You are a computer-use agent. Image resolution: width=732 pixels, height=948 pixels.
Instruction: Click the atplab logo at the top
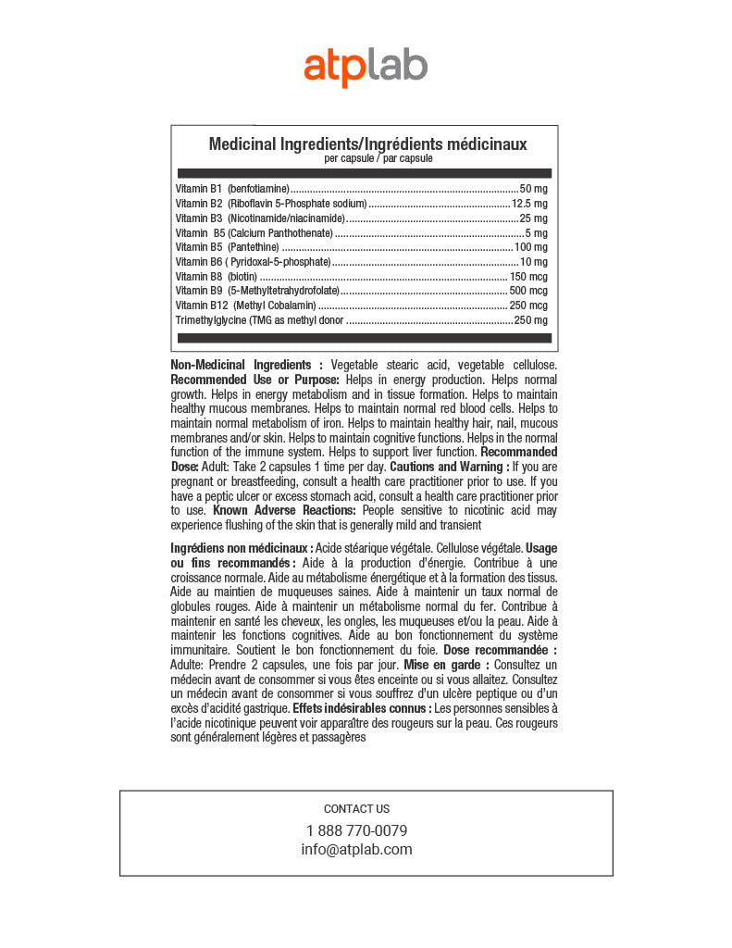366,67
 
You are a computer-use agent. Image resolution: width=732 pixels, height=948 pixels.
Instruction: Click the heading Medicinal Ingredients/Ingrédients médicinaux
367,143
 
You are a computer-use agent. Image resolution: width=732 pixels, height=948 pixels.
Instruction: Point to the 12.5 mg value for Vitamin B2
529,203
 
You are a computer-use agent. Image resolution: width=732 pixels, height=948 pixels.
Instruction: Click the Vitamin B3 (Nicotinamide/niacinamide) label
260,218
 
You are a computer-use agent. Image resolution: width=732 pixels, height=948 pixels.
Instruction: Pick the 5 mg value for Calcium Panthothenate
537,233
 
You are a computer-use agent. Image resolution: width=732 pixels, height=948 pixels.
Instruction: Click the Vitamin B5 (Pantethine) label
227,247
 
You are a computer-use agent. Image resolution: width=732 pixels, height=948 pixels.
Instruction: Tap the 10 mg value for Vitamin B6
533,262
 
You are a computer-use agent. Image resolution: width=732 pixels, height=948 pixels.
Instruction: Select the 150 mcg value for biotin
528,277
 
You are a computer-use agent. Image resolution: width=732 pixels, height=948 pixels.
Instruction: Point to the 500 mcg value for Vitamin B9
528,291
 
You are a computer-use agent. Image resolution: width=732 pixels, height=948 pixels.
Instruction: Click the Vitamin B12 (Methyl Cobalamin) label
245,306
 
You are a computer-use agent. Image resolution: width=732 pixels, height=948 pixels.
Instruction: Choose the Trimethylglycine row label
259,320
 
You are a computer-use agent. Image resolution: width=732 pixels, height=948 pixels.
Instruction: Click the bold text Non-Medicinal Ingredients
246,365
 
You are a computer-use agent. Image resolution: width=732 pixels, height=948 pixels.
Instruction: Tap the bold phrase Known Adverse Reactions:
284,510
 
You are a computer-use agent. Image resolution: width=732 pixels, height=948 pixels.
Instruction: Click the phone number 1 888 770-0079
356,830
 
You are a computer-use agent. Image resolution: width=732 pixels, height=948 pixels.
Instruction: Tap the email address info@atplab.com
356,849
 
